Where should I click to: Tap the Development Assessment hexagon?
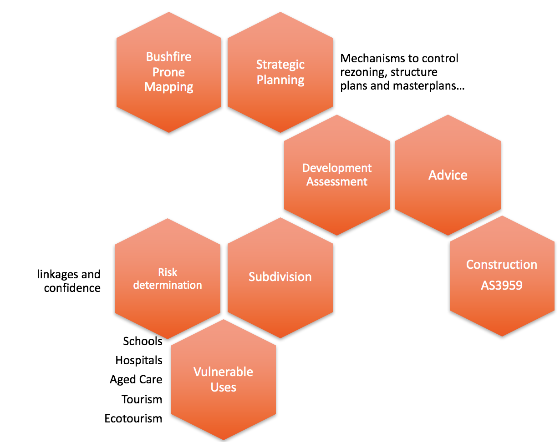point(337,175)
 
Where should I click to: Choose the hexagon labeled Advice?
point(448,175)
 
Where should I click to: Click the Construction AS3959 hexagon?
point(502,276)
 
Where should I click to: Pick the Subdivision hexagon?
point(280,277)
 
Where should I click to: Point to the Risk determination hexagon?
point(168,278)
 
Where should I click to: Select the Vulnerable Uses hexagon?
point(223,380)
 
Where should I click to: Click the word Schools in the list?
point(143,341)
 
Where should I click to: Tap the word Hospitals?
point(139,361)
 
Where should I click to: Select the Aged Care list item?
point(136,380)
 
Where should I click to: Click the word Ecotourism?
point(133,418)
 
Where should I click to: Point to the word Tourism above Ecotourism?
point(142,399)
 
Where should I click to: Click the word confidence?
point(72,288)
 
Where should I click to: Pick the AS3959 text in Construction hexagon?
point(502,286)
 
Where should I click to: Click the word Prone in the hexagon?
point(169,72)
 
